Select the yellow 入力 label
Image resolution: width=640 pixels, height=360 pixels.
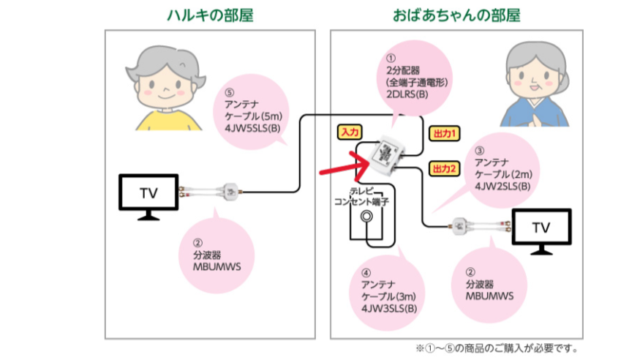[x=350, y=132]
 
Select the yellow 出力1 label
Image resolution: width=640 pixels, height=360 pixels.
[x=443, y=134]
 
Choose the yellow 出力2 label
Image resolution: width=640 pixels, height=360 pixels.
[x=443, y=168]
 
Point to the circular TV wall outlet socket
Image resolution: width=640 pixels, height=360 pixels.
[x=369, y=217]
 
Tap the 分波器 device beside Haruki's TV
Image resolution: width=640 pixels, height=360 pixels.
[x=230, y=192]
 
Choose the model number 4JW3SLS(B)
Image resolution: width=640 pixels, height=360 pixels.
[x=388, y=307]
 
